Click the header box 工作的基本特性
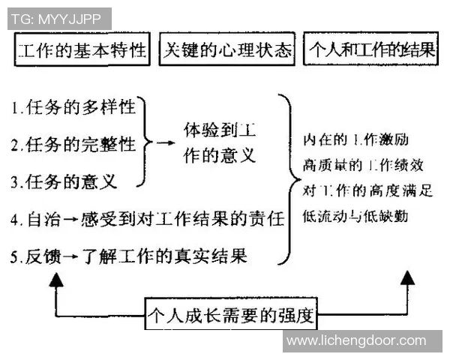click(x=82, y=52)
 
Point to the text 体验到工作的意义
click(x=220, y=144)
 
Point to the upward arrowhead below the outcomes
click(x=406, y=277)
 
